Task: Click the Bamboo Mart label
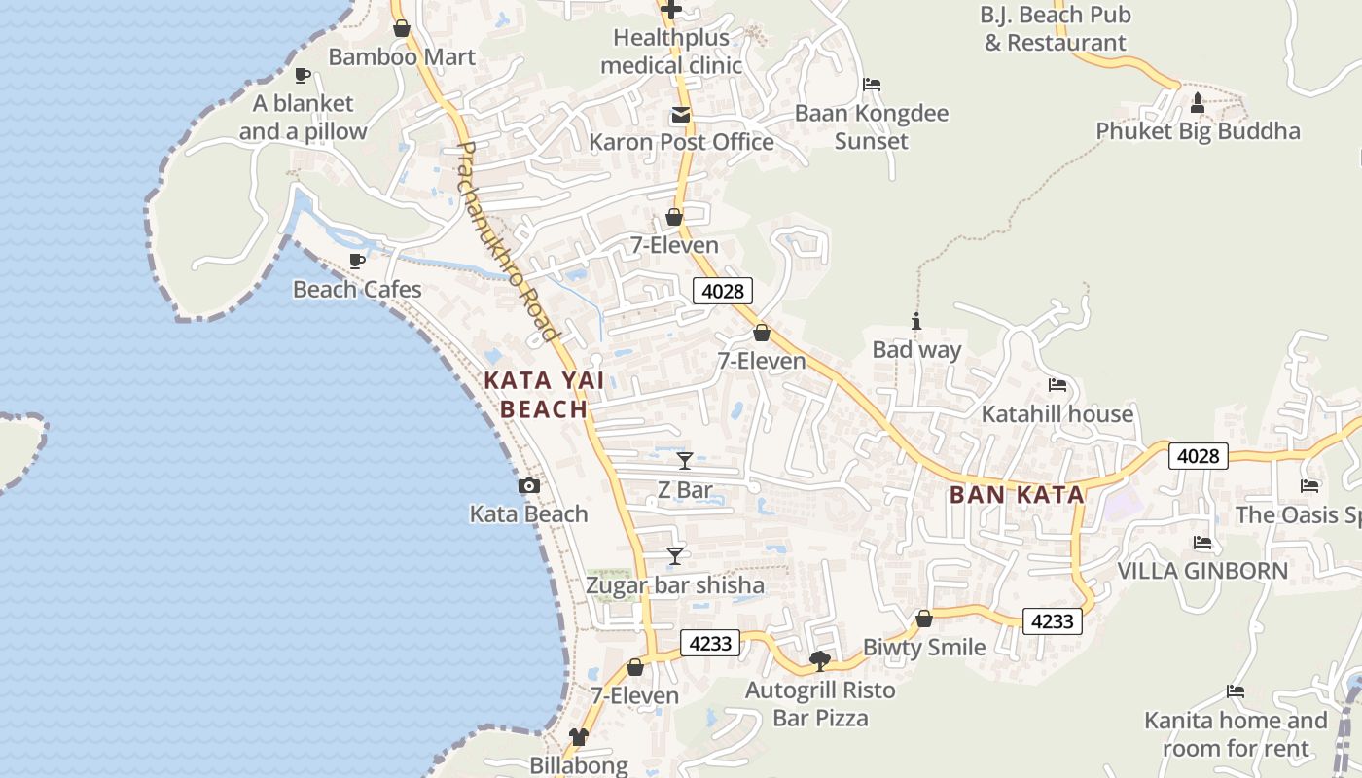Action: point(402,56)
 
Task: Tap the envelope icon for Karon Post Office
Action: point(680,116)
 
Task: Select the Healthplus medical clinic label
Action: point(671,52)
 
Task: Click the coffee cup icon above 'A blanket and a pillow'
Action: point(303,76)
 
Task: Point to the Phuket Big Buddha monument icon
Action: point(1198,103)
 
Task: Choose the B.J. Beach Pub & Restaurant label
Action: point(1056,29)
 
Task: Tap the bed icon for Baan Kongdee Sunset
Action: point(872,86)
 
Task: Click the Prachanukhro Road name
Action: point(508,242)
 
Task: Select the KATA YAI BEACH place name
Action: point(545,395)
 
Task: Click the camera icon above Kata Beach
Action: point(529,486)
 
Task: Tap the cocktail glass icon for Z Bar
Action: point(685,461)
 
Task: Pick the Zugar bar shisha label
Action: point(675,585)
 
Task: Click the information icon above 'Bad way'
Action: point(915,322)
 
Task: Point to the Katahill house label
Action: point(1057,414)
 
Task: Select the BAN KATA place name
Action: point(1017,494)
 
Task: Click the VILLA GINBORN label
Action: point(1202,571)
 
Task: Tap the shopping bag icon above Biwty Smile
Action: point(924,619)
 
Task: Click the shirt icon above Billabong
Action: point(579,737)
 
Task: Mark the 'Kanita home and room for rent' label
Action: point(1236,734)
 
